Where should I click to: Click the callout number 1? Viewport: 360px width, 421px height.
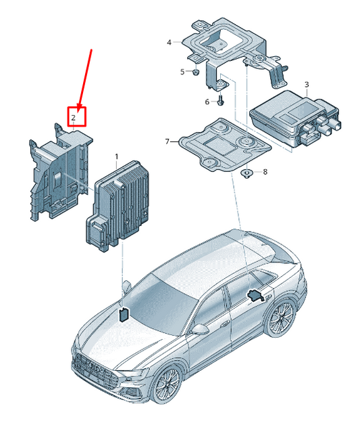tap(117, 156)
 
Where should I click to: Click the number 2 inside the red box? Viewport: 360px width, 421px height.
tap(74, 118)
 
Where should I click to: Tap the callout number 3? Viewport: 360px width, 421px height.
tap(307, 85)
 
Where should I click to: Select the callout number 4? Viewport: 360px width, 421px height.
tap(169, 43)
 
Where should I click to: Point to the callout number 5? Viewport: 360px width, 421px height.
tap(182, 72)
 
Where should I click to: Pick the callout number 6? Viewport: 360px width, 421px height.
tap(207, 102)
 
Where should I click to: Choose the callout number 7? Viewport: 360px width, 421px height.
tap(168, 141)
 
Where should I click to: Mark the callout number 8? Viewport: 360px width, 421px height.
tap(265, 172)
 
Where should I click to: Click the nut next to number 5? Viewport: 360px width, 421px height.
tap(196, 72)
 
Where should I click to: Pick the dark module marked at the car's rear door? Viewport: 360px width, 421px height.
tap(255, 296)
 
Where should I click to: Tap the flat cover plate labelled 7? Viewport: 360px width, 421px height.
tap(224, 145)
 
